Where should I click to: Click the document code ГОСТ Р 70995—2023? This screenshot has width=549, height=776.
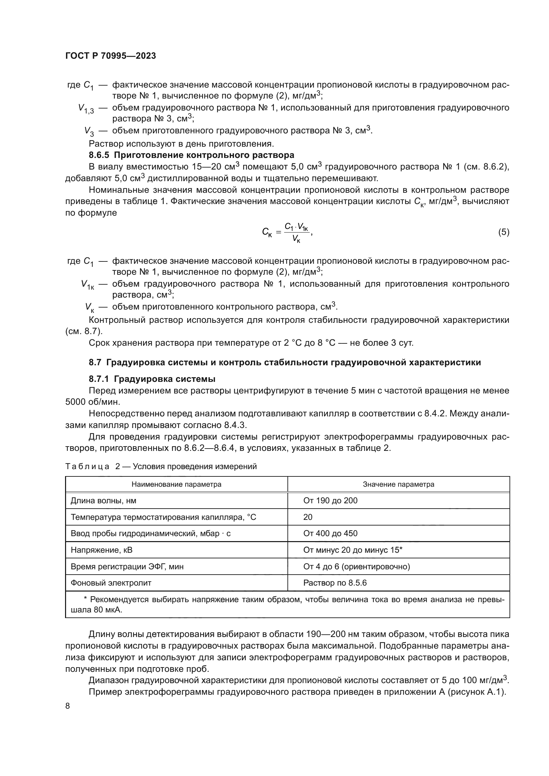point(111,56)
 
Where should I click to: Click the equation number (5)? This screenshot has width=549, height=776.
point(504,232)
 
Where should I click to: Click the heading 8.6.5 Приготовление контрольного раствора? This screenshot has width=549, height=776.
point(191,155)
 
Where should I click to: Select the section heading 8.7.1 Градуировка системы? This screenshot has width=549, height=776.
point(152,379)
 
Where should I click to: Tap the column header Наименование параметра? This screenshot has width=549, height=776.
point(176,484)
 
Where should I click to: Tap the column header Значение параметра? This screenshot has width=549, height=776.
point(398,484)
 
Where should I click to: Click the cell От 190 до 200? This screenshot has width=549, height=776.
point(330,501)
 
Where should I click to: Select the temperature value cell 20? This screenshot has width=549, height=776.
point(308,517)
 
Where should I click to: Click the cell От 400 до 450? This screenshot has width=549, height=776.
point(330,533)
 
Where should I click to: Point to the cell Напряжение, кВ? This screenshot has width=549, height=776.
point(102,550)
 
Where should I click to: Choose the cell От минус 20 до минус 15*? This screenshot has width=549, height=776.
point(352,550)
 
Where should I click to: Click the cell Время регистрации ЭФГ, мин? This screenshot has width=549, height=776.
point(127,566)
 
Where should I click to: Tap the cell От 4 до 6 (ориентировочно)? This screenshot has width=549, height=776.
point(356,566)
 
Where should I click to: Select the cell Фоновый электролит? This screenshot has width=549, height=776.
point(111,583)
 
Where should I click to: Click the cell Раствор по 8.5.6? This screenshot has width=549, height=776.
point(335,583)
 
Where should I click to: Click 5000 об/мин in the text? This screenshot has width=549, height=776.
point(92,402)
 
